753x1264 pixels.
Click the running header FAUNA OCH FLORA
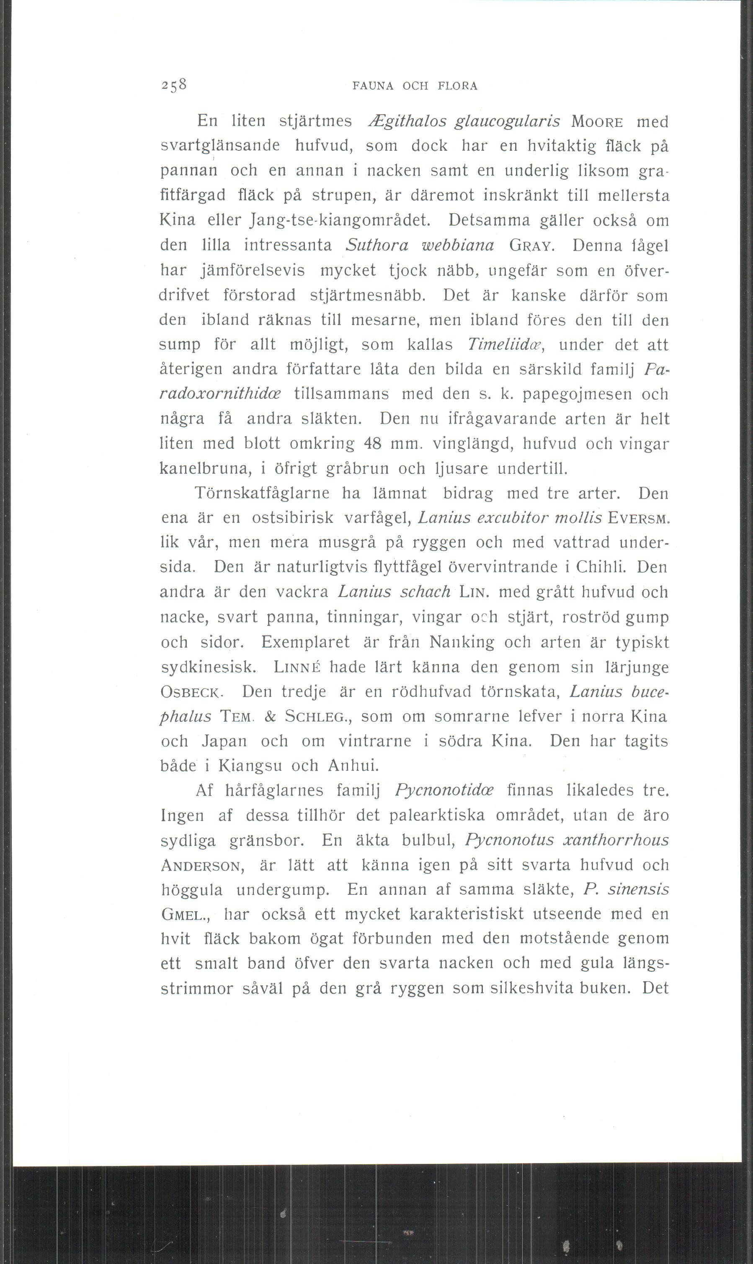point(415,86)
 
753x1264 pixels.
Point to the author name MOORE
point(597,122)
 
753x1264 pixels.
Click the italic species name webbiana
point(458,246)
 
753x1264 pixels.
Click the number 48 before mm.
point(373,443)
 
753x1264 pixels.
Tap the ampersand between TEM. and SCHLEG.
point(270,716)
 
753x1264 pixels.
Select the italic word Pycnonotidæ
point(443,791)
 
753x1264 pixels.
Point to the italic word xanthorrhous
point(616,840)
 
